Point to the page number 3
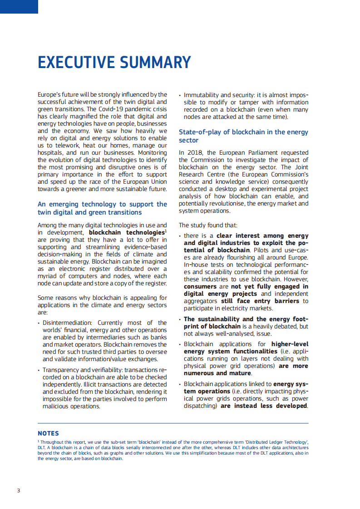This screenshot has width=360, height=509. tap(18, 490)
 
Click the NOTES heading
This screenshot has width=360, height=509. tap(48, 433)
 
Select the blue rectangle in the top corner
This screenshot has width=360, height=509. tap(19, 6)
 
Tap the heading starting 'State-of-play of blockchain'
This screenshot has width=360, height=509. tap(243, 132)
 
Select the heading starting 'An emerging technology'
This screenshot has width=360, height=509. tap(102, 205)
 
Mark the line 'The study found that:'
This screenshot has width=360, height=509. tap(208, 225)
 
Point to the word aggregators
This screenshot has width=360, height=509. tap(201, 301)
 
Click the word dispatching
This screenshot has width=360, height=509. tap(199, 406)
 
